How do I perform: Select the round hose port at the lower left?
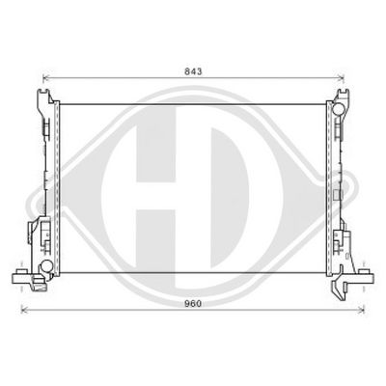coord(45,265)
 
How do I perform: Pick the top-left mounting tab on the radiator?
coord(44,97)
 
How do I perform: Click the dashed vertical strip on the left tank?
coord(56,183)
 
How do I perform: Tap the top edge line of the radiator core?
coord(193,103)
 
